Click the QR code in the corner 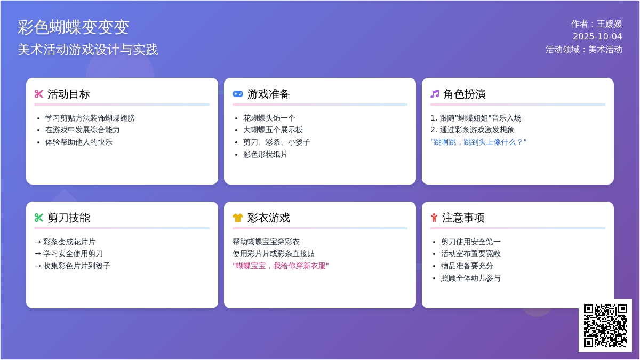[x=605, y=325]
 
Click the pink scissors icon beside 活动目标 [x=39, y=94]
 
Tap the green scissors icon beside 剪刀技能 [x=39, y=218]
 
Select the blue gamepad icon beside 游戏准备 [x=238, y=94]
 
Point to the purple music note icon [x=435, y=94]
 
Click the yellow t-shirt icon [x=238, y=218]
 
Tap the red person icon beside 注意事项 [x=434, y=218]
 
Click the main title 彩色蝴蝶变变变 [x=74, y=27]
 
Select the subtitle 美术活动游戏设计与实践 [x=87, y=50]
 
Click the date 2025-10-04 [x=597, y=37]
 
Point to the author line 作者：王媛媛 [x=597, y=24]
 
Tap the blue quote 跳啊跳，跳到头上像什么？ [x=478, y=142]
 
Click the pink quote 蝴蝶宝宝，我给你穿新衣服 [x=281, y=266]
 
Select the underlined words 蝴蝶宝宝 [x=262, y=242]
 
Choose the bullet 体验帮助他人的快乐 [x=78, y=142]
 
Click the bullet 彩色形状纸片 [x=266, y=154]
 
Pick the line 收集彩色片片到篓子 [x=73, y=266]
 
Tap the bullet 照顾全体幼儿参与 [x=470, y=278]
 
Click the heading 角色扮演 [x=465, y=94]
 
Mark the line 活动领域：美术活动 [x=584, y=50]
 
